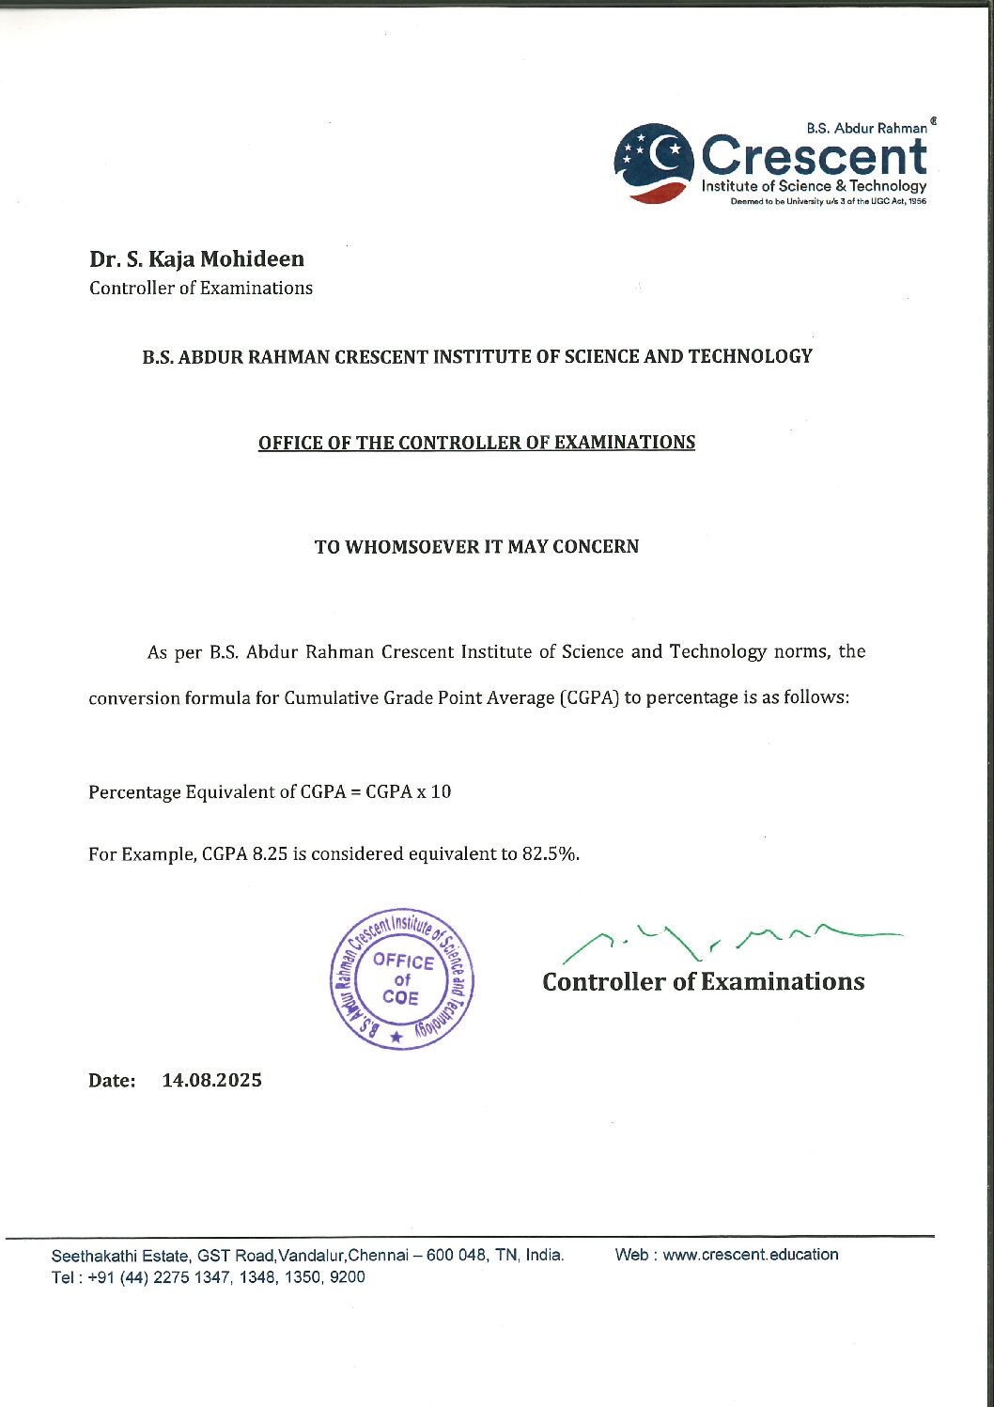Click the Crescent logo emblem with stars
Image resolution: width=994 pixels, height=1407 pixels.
(654, 163)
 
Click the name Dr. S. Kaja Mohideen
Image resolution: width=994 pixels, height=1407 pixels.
(196, 258)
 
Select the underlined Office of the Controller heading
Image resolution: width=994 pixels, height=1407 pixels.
(476, 443)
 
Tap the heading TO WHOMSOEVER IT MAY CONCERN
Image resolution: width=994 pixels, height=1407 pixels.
(476, 547)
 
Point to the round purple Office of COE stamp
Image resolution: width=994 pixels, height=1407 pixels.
(402, 979)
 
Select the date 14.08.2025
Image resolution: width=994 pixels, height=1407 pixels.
(211, 1080)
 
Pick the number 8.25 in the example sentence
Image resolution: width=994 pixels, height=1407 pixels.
(270, 854)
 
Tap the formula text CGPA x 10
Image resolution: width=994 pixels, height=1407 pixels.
(408, 792)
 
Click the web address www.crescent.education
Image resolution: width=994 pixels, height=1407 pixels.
(751, 1255)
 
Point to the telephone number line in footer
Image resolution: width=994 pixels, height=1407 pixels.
(208, 1277)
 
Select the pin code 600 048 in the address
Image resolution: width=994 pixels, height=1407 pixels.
(457, 1256)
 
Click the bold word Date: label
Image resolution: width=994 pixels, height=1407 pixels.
(112, 1081)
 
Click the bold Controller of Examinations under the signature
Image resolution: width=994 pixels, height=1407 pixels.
(703, 982)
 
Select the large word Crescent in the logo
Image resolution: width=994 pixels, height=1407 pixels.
(814, 156)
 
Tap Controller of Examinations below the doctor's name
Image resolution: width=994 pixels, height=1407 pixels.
(201, 289)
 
